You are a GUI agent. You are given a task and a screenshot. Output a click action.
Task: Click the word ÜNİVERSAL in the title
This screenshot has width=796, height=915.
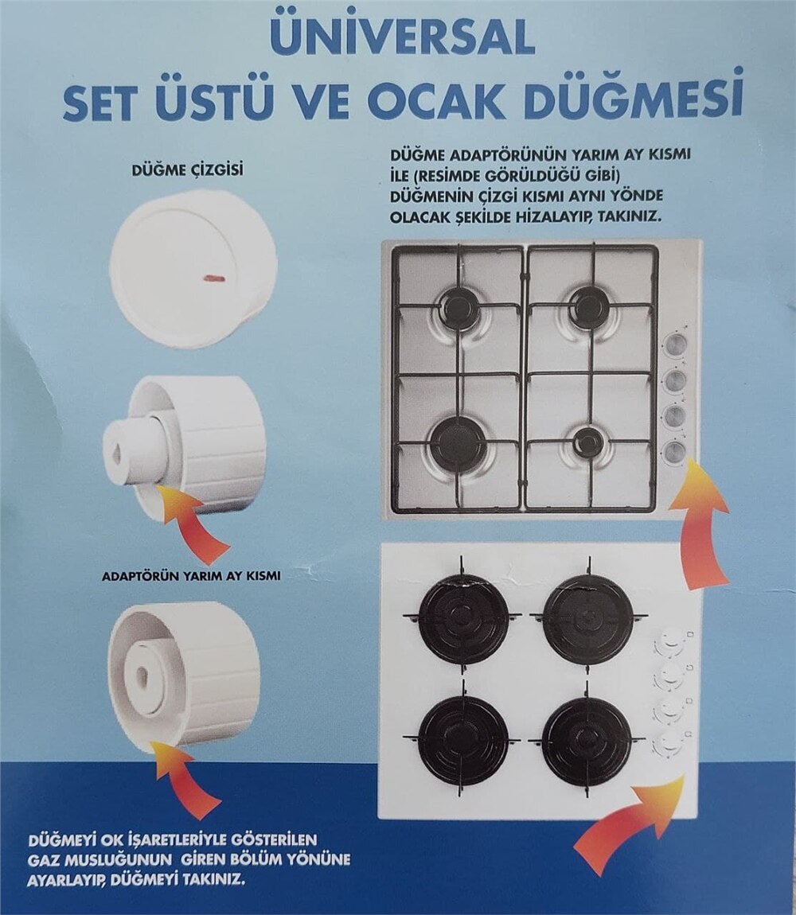[x=401, y=36]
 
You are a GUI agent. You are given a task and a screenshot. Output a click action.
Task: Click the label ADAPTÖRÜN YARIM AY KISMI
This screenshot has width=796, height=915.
[x=190, y=574]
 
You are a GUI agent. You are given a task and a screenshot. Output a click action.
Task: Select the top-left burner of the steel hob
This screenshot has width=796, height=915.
[x=460, y=307]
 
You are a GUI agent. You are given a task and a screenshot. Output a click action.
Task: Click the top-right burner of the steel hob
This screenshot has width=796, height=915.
[x=590, y=306]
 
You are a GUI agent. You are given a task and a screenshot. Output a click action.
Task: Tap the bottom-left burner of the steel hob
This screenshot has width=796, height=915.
[x=458, y=444]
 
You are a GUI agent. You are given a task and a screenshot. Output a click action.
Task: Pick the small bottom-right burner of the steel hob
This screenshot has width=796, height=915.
[x=589, y=442]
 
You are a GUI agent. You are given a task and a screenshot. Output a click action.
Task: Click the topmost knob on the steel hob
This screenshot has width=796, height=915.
[x=675, y=344]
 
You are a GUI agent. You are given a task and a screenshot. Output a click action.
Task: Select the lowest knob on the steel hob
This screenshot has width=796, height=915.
[x=675, y=452]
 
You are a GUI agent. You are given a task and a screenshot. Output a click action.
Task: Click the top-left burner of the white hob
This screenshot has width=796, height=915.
[x=463, y=618]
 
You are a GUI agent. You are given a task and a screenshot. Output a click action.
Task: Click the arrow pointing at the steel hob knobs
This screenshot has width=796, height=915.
[x=698, y=525]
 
